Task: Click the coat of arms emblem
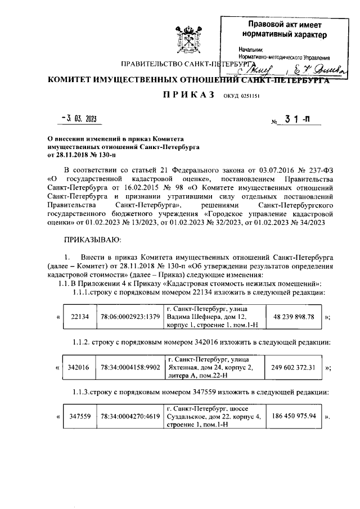(x=186, y=37)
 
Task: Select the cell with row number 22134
(x=80, y=317)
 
